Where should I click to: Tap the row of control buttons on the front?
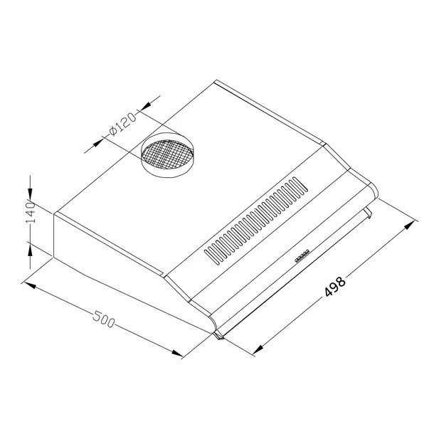pos(301,255)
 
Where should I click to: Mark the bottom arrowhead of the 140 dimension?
pos(30,245)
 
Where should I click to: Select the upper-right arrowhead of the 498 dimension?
pos(406,226)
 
